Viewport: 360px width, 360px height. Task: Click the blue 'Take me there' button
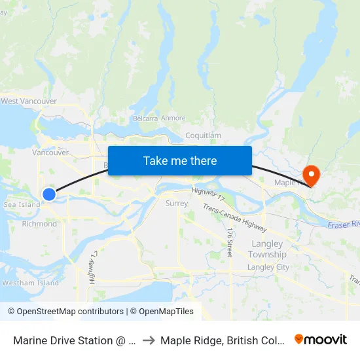click(x=180, y=160)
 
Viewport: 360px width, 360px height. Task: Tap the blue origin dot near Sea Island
click(x=49, y=194)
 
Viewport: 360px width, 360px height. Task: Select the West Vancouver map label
click(x=29, y=101)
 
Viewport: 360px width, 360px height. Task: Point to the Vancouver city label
click(x=50, y=153)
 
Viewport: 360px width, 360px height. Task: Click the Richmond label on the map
click(x=40, y=224)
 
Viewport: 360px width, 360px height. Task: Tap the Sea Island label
click(x=22, y=205)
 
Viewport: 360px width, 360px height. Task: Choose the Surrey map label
click(x=177, y=204)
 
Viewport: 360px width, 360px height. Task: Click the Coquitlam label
click(x=204, y=135)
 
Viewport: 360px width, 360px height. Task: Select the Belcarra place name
click(x=145, y=118)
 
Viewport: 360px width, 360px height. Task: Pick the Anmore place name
click(x=173, y=118)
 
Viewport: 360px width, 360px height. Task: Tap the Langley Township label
click(x=267, y=249)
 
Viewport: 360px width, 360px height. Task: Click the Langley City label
click(x=268, y=267)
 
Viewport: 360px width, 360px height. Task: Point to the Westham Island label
click(x=31, y=283)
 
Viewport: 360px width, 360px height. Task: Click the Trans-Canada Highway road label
click(x=234, y=218)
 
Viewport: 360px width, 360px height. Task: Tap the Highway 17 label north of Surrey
click(x=208, y=193)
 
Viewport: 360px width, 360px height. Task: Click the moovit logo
click(x=321, y=340)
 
